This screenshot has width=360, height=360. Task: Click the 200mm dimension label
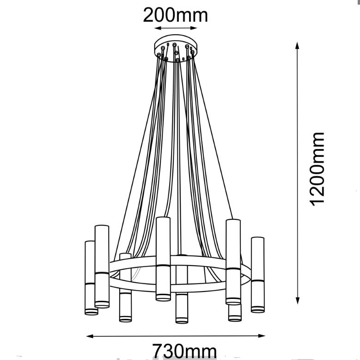tap(176, 15)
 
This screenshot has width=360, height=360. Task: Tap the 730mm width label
tap(184, 351)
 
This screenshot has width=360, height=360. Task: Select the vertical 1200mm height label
tap(317, 169)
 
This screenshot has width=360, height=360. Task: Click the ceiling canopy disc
tap(176, 48)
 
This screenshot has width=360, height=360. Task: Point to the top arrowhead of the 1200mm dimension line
tap(297, 45)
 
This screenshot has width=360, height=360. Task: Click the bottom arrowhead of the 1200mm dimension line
tap(298, 300)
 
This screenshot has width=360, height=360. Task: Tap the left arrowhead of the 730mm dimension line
tap(90, 336)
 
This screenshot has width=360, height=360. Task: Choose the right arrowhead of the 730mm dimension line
tap(262, 336)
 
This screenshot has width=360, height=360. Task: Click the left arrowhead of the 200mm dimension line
tap(158, 28)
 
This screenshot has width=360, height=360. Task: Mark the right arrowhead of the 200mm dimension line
tap(194, 28)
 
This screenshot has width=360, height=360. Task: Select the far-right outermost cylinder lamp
tap(257, 275)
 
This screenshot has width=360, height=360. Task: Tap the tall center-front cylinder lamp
tap(163, 259)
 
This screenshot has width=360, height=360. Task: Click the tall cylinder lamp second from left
tap(102, 267)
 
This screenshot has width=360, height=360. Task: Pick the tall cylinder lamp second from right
tap(233, 262)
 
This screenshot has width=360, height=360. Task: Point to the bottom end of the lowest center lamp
tap(182, 321)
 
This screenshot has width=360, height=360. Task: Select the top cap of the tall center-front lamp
tap(163, 218)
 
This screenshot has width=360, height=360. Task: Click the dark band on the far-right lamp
tap(257, 281)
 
